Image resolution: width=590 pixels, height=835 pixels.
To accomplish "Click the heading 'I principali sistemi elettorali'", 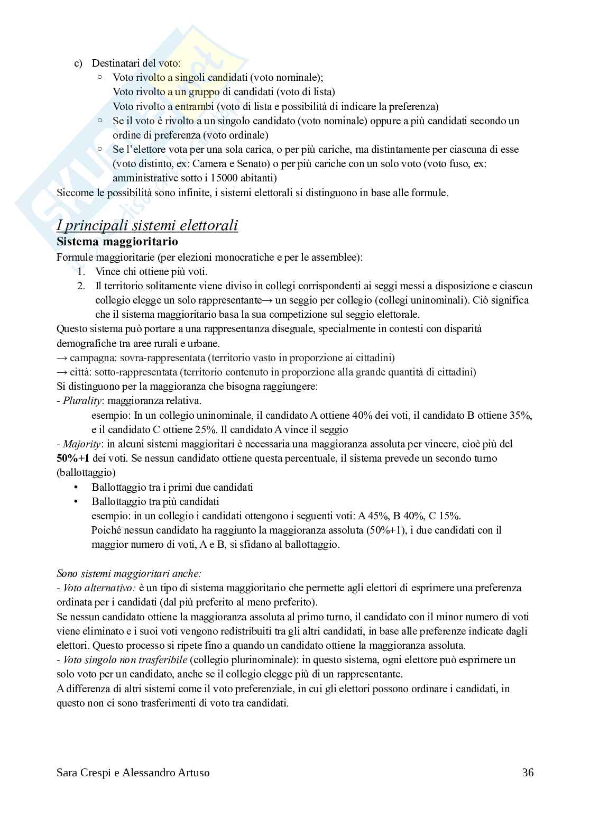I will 147,225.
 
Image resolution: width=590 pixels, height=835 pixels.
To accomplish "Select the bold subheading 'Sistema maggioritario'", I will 117,242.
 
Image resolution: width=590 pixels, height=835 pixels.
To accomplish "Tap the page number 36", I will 528,773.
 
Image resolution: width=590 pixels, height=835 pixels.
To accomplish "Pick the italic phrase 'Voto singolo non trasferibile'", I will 125,659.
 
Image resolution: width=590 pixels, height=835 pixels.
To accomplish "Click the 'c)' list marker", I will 78,63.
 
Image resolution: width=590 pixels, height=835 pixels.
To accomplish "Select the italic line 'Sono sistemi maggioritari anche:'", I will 128,573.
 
